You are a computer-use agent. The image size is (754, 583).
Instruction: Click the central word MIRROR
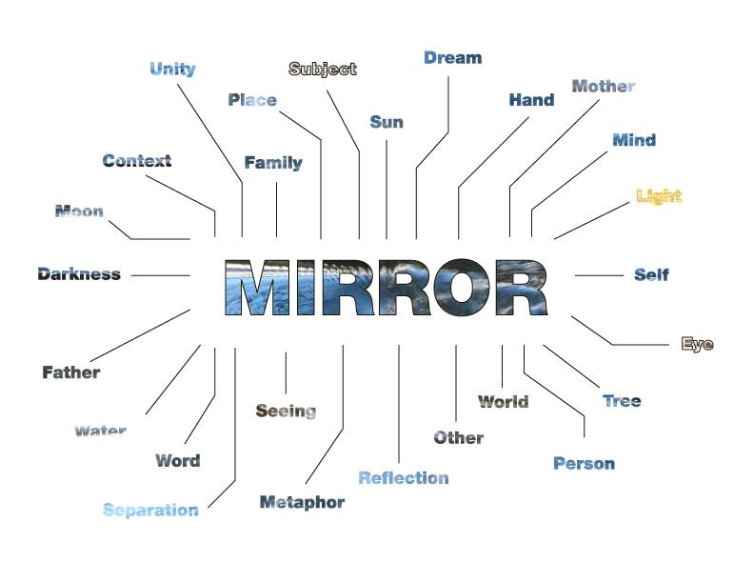coord(387,288)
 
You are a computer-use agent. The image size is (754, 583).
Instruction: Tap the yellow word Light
coord(659,196)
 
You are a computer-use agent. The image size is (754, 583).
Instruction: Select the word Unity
coord(172,69)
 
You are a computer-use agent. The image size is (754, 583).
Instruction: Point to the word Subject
coord(323,69)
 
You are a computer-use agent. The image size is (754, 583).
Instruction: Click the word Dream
coord(452,58)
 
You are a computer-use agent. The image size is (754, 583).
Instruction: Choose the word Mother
coord(604,86)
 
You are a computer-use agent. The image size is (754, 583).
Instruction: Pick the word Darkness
coord(79,273)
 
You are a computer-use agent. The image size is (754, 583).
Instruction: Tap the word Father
coord(71,372)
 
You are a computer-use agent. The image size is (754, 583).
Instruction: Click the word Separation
coord(150,510)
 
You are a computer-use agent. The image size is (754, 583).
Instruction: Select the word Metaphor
coord(302,502)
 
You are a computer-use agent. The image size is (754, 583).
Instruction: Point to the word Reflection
coord(404,477)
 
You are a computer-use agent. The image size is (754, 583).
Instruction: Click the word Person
coord(585,463)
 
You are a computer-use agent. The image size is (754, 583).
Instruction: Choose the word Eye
coord(697,344)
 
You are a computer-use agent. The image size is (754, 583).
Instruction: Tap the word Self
coord(651,274)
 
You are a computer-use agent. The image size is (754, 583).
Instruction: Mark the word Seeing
coord(287,411)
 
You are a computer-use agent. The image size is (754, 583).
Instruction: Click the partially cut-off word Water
coord(101,430)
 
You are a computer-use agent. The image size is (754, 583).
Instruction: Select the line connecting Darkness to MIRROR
coord(161,275)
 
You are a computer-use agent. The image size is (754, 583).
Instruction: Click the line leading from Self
coord(599,275)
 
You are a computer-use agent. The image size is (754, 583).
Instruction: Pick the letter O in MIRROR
coord(462,288)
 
